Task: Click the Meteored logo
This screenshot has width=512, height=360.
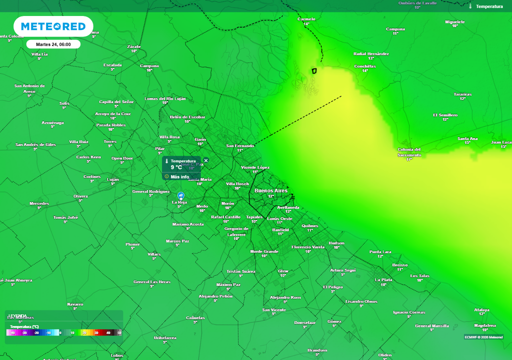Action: pyautogui.click(x=53, y=26)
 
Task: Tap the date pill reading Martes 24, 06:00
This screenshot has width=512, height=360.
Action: pyautogui.click(x=53, y=44)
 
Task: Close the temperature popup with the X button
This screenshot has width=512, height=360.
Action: pyautogui.click(x=206, y=160)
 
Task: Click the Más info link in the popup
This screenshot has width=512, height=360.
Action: pyautogui.click(x=179, y=176)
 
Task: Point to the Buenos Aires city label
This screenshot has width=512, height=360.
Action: pyautogui.click(x=271, y=190)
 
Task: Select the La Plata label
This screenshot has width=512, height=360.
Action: pyautogui.click(x=383, y=280)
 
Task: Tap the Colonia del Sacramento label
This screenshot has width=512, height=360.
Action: pyautogui.click(x=409, y=152)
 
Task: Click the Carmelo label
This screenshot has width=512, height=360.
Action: pyautogui.click(x=306, y=19)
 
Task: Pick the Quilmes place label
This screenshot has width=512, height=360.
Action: pyautogui.click(x=310, y=225)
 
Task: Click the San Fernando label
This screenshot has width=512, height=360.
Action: pyautogui.click(x=240, y=146)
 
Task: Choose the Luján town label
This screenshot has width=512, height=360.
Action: pyautogui.click(x=113, y=179)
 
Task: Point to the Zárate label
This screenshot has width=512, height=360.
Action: pyautogui.click(x=134, y=46)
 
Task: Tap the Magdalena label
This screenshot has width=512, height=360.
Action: pyautogui.click(x=484, y=325)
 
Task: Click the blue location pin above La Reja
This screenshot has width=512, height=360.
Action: pyautogui.click(x=181, y=195)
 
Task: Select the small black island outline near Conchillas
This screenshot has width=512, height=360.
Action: pyautogui.click(x=314, y=70)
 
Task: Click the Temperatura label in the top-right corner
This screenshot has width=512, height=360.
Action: pyautogui.click(x=489, y=6)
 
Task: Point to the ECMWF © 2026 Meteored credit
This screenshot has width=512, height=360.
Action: pyautogui.click(x=483, y=337)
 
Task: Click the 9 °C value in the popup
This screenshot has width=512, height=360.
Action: pyautogui.click(x=176, y=167)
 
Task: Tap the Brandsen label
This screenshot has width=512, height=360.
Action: pyautogui.click(x=317, y=350)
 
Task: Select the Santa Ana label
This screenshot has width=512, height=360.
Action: pyautogui.click(x=467, y=138)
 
